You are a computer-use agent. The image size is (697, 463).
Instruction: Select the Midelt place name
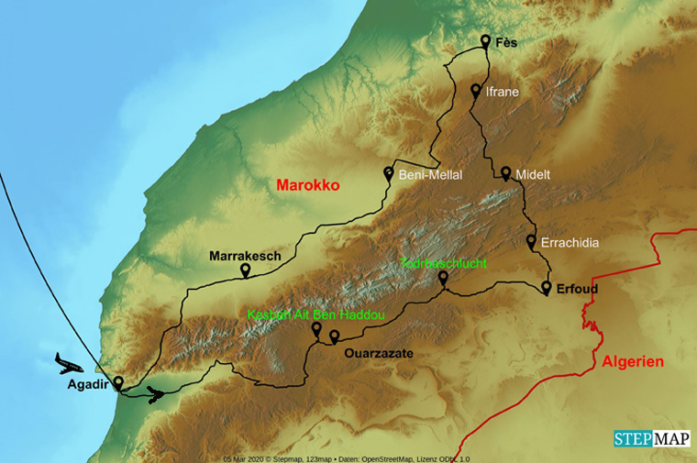click(534, 174)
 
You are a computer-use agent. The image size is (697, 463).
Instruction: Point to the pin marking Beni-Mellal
click(389, 172)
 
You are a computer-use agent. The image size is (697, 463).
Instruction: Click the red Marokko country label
click(308, 185)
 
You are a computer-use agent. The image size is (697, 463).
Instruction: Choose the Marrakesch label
click(245, 256)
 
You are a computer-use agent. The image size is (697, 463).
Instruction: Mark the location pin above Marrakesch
click(245, 270)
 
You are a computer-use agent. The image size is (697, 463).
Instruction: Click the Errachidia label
click(570, 243)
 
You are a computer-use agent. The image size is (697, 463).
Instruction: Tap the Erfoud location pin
click(547, 288)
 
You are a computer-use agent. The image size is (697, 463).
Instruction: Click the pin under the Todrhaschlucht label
click(443, 277)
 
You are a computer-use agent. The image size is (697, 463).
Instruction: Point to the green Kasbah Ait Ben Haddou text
click(315, 314)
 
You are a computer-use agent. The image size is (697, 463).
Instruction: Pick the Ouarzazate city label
click(379, 353)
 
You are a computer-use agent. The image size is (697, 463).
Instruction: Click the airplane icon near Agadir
click(69, 362)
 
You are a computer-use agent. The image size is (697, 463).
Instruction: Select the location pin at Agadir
click(117, 382)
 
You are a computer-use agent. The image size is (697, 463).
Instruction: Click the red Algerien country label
click(633, 361)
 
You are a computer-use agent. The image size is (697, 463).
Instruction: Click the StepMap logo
click(652, 438)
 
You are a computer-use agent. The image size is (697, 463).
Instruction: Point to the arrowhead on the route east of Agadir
click(158, 396)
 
